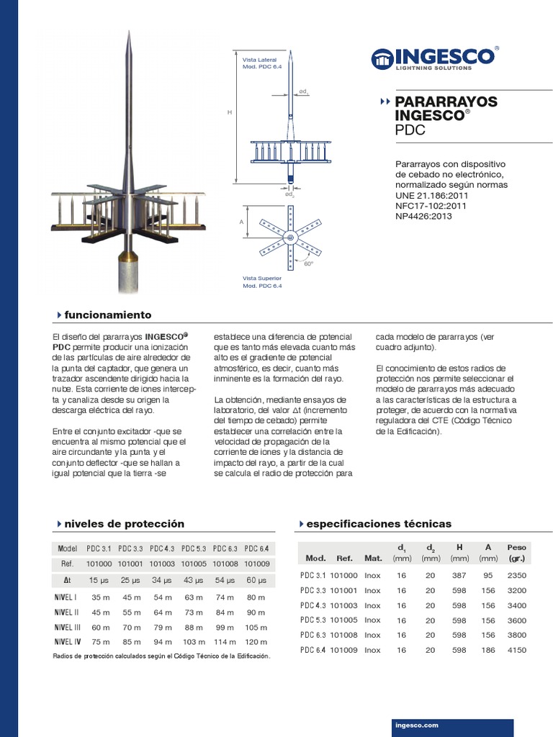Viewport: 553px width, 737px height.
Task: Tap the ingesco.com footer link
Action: point(417,725)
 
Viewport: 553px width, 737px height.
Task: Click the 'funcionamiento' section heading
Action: point(107,315)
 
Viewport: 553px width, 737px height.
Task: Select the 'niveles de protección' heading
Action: point(124,523)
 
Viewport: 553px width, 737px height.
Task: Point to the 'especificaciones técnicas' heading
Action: point(379,523)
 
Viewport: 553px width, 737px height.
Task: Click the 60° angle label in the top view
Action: point(309,264)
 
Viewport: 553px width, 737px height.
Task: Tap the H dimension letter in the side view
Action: point(229,113)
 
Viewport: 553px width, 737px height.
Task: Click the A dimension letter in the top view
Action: point(241,222)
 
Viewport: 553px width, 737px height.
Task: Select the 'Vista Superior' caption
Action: point(262,278)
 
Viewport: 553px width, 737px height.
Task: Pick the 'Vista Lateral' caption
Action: point(259,59)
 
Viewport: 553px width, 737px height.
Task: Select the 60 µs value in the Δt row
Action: point(256,580)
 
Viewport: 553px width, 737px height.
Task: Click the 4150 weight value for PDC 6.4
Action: point(517,650)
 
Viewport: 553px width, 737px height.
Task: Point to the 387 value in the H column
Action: point(459,575)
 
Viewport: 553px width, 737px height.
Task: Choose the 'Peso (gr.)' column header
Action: point(517,552)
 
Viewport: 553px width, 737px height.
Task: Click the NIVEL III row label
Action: point(67,627)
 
